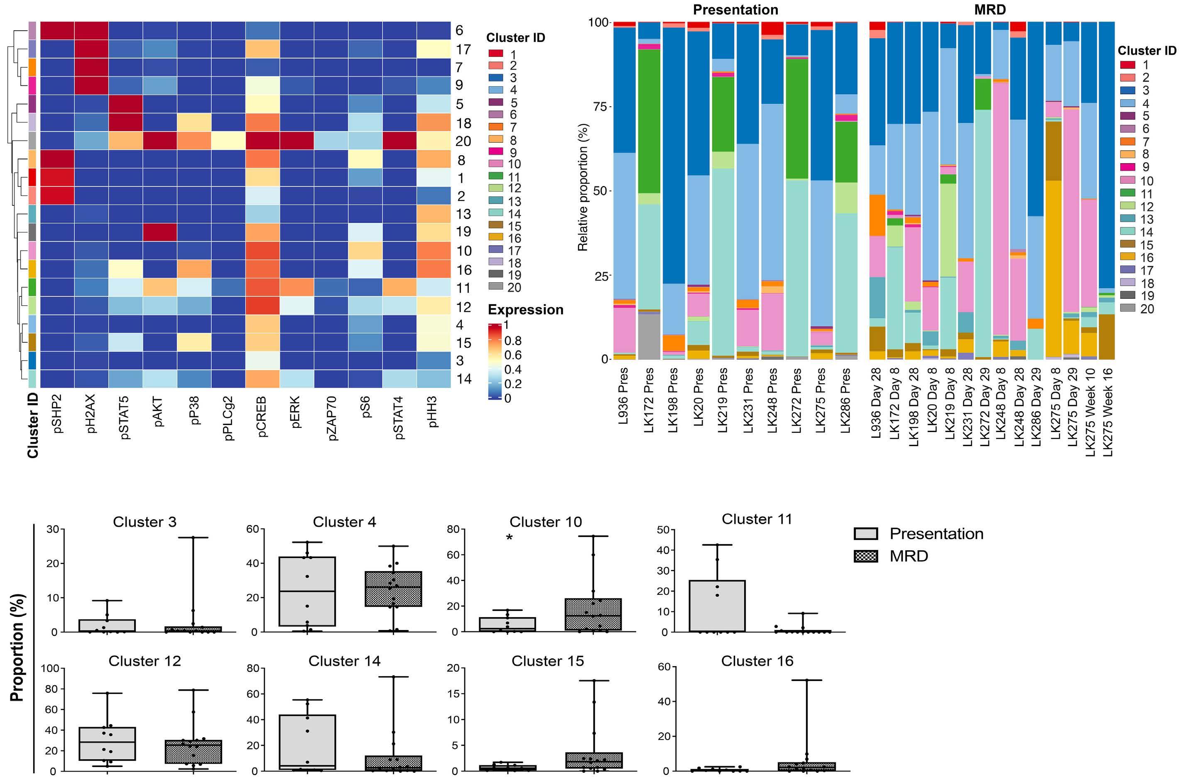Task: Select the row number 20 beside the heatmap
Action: (463, 142)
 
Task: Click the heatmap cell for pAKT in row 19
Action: (159, 232)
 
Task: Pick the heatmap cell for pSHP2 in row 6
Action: (57, 30)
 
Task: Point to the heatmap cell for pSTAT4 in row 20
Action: (399, 141)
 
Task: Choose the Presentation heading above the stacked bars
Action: (735, 10)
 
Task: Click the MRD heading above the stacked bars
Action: (990, 10)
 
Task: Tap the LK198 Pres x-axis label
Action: (673, 400)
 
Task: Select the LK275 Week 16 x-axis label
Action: (1108, 411)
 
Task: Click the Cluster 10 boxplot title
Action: (545, 522)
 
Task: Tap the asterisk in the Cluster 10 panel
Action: (509, 538)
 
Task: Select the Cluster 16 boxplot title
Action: (757, 661)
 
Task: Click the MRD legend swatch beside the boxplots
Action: (866, 556)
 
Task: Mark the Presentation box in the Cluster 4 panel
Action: (307, 591)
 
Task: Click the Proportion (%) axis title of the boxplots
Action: (17, 647)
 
